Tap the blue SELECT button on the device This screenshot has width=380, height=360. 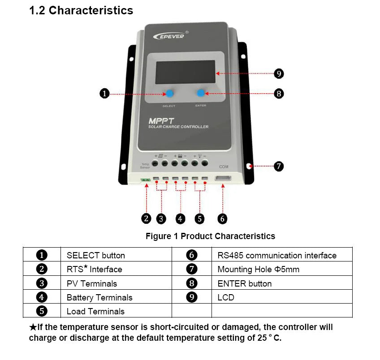(170, 94)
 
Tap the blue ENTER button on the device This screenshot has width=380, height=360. (201, 93)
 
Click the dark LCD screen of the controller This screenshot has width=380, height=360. (185, 72)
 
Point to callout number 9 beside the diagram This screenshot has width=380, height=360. (278, 73)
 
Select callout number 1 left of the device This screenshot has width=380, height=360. (104, 94)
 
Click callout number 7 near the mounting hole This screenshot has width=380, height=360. (278, 166)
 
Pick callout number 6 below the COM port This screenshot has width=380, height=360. (222, 219)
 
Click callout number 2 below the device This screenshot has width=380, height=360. (146, 219)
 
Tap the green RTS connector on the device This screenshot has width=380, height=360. (145, 180)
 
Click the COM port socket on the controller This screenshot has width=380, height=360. (223, 179)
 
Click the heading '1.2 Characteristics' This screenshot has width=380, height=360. (81, 11)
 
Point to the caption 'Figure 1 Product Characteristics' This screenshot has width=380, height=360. (210, 236)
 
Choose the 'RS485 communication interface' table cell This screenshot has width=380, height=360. (277, 256)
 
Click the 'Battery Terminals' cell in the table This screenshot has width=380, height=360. (99, 297)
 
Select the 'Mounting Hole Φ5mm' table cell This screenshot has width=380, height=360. (258, 270)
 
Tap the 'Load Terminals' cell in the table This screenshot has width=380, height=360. (95, 311)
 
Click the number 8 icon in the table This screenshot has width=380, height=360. (191, 283)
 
